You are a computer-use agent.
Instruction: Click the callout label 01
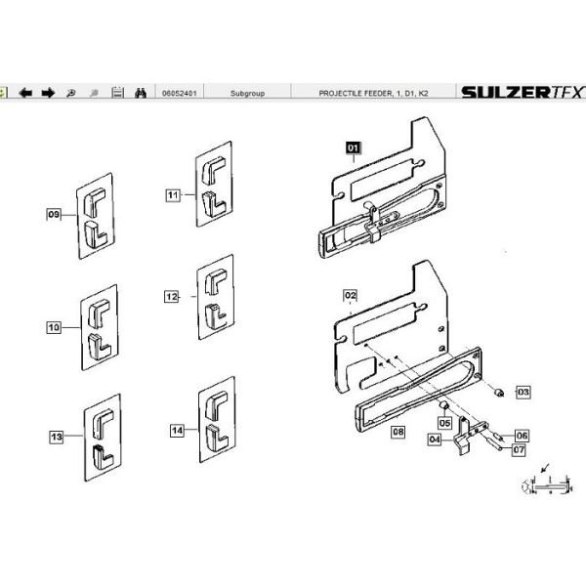(x=352, y=147)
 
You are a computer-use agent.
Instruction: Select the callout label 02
(x=350, y=294)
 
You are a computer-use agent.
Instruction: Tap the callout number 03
(x=523, y=392)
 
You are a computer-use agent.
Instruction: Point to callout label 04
(x=435, y=439)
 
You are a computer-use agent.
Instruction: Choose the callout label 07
(x=519, y=450)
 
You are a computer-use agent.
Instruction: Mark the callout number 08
(x=398, y=430)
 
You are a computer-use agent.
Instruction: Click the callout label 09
(x=54, y=214)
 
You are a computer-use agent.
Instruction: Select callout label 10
(x=54, y=326)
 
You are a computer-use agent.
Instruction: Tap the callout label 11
(x=173, y=195)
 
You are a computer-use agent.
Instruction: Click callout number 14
(x=176, y=429)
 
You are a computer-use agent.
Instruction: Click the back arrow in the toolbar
(x=25, y=93)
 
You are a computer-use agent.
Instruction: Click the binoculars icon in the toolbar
(x=141, y=93)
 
